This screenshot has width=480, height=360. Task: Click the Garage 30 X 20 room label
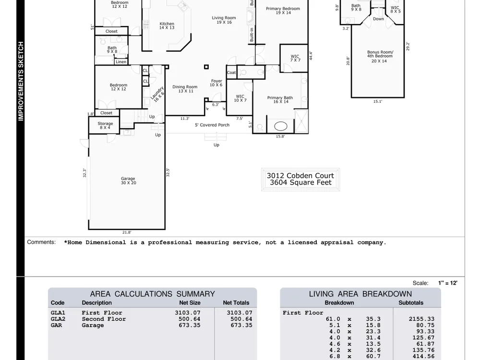(x=128, y=180)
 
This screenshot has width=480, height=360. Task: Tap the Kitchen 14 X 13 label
(x=167, y=26)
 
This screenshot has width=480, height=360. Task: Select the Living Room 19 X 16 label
(x=224, y=20)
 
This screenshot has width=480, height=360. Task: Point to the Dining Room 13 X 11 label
(x=185, y=89)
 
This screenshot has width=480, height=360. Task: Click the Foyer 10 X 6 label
(x=216, y=83)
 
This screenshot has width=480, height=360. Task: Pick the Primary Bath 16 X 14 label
(x=280, y=99)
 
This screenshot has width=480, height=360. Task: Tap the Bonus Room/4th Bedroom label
(x=380, y=54)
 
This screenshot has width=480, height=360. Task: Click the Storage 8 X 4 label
(x=105, y=125)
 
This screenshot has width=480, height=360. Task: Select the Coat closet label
(x=231, y=72)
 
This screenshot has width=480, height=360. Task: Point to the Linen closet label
(x=121, y=62)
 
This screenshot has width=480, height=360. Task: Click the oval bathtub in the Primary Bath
(x=280, y=126)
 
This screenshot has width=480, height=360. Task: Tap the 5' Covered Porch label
(x=212, y=125)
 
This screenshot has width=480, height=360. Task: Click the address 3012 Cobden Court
(x=300, y=176)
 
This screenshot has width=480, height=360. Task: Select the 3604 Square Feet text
(x=300, y=183)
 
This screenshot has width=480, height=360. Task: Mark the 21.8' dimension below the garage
(x=127, y=232)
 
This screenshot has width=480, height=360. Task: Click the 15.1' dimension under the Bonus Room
(x=378, y=101)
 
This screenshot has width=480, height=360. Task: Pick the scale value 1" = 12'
(x=447, y=283)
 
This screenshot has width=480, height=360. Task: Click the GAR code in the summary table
(x=56, y=325)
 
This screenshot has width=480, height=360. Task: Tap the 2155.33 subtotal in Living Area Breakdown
(x=421, y=319)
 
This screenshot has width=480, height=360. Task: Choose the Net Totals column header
(x=236, y=303)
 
